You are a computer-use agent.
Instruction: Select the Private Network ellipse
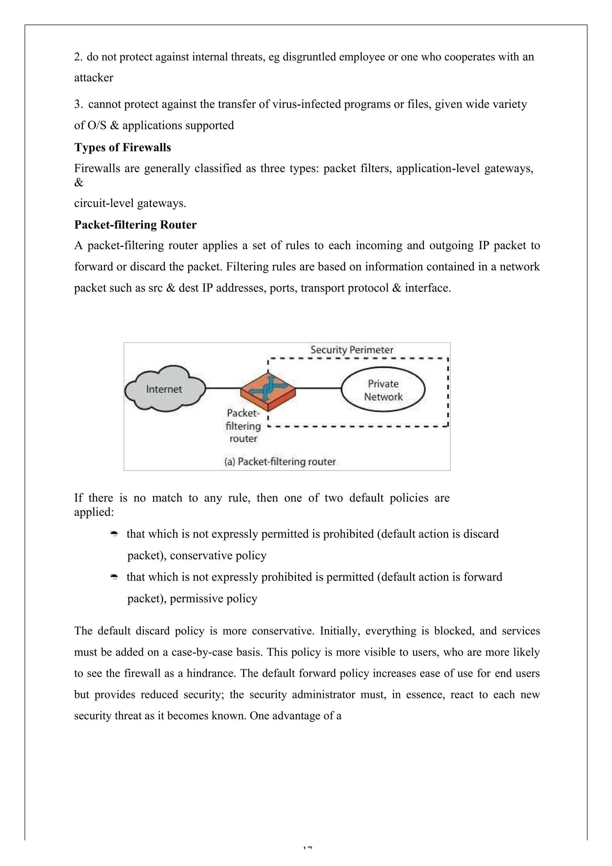pyautogui.click(x=383, y=390)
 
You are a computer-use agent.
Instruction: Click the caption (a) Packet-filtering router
pyautogui.click(x=280, y=462)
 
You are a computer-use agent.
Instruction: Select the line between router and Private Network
pyautogui.click(x=318, y=388)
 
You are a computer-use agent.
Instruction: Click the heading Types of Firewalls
pyautogui.click(x=122, y=147)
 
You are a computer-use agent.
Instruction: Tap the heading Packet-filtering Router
pyautogui.click(x=135, y=225)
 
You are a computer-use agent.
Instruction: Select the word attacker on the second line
pyautogui.click(x=94, y=78)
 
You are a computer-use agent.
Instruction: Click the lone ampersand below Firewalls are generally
pyautogui.click(x=79, y=183)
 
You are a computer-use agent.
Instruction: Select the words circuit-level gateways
pyautogui.click(x=130, y=204)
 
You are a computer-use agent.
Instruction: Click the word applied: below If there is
pyautogui.click(x=94, y=512)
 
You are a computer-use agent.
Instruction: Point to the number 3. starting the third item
pyautogui.click(x=78, y=104)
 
